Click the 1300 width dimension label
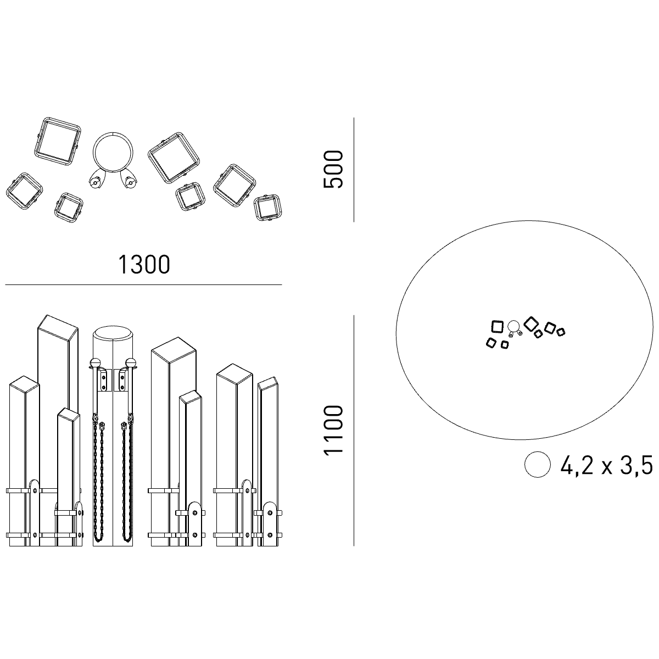point(144,264)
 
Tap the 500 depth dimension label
point(333,169)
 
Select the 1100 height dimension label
point(333,430)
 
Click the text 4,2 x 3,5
point(607,465)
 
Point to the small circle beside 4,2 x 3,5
point(537,464)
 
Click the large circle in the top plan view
point(113,132)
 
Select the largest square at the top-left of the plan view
point(58,142)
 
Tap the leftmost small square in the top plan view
point(24,191)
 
